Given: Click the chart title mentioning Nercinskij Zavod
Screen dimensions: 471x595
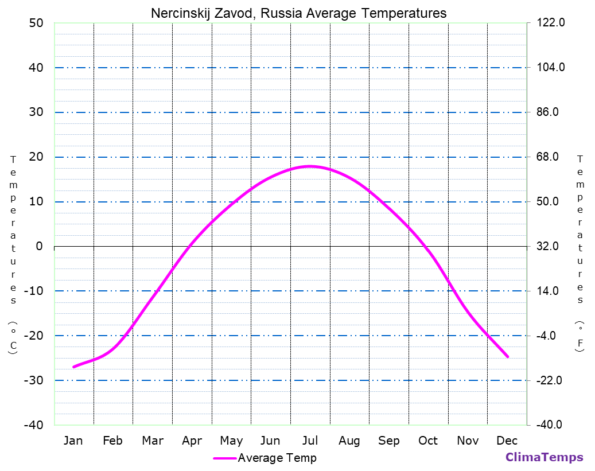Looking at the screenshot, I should [298, 13].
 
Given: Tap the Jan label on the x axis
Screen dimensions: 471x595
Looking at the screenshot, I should [73, 441].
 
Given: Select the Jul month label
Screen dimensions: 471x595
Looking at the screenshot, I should [310, 441].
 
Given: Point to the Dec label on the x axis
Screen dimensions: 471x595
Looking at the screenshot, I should [507, 441].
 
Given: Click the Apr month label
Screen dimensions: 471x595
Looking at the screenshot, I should [192, 441].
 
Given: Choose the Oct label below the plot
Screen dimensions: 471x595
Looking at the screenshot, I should [428, 441].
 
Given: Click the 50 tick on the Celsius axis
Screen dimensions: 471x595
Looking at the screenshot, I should [36, 23].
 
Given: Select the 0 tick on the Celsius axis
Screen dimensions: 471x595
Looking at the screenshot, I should [39, 247].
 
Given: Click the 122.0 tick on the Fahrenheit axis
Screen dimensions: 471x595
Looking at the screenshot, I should [551, 23].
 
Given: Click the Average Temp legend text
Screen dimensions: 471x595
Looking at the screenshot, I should [277, 458].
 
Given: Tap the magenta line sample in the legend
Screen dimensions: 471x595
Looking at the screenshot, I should [224, 458].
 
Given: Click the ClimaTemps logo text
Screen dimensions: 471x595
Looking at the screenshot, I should [544, 457].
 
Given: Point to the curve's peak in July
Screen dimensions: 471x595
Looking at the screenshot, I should [310, 166].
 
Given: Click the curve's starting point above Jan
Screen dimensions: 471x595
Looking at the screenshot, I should [73, 367].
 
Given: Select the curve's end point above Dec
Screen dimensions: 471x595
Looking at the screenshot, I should [508, 357].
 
